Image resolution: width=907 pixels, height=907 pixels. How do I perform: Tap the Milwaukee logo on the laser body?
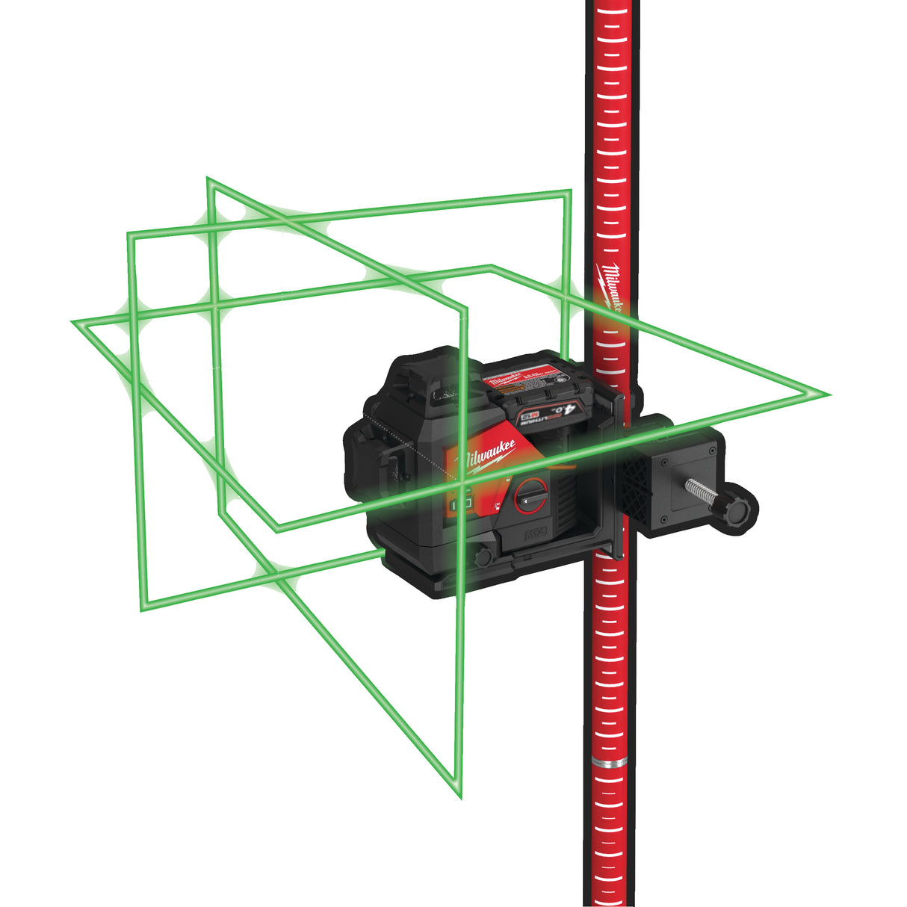tap(489, 457)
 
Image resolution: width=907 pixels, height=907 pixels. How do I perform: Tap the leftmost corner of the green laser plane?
tap(72, 322)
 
